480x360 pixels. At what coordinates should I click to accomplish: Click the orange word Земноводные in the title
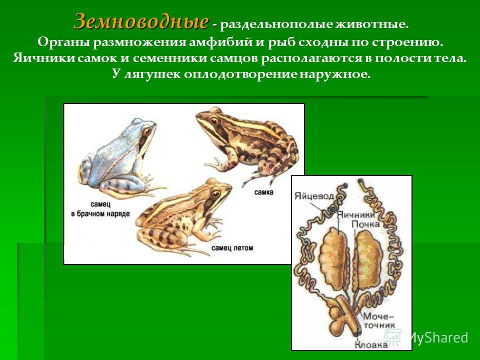pyautogui.click(x=141, y=22)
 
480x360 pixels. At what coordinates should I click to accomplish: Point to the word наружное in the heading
pyautogui.click(x=334, y=74)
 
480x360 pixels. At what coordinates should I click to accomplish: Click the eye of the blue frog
pyautogui.click(x=147, y=131)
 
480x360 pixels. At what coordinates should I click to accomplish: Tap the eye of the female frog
pyautogui.click(x=214, y=120)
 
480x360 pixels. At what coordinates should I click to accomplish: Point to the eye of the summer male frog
pyautogui.click(x=215, y=194)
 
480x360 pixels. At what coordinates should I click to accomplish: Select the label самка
pyautogui.click(x=263, y=192)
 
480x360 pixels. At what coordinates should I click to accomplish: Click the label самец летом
pyautogui.click(x=232, y=247)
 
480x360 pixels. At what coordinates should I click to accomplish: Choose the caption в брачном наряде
pyautogui.click(x=100, y=213)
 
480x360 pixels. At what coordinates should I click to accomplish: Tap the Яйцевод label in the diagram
pyautogui.click(x=314, y=196)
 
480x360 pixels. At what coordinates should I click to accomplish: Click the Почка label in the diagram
pyautogui.click(x=365, y=224)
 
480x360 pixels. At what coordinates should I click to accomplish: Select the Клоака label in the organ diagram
pyautogui.click(x=370, y=345)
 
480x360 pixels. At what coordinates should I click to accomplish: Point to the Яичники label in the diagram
pyautogui.click(x=355, y=214)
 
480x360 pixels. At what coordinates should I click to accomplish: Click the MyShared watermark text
pyautogui.click(x=438, y=337)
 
